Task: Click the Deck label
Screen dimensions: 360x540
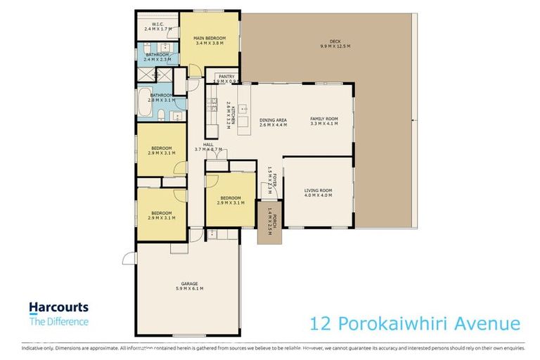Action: (325, 42)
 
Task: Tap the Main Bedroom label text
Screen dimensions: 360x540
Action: (210, 37)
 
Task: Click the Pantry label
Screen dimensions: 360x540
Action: (226, 77)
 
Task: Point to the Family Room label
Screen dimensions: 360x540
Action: (324, 119)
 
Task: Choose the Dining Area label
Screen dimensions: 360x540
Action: (272, 120)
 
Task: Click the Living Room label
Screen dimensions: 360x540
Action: (318, 190)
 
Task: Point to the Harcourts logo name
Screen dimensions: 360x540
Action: (58, 307)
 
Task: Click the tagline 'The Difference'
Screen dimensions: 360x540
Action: (58, 322)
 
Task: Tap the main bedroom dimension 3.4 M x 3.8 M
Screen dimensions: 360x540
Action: (210, 42)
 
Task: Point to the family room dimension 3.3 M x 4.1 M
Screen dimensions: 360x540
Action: (324, 124)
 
